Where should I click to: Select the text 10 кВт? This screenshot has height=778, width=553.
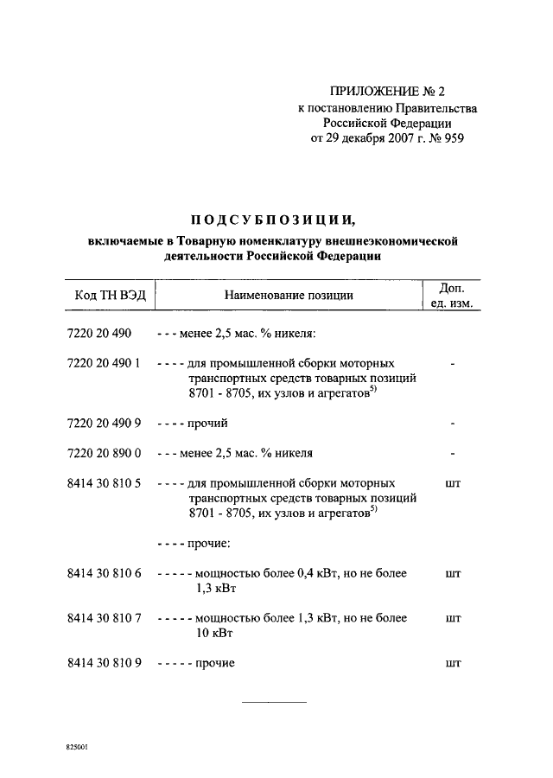coord(214,633)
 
